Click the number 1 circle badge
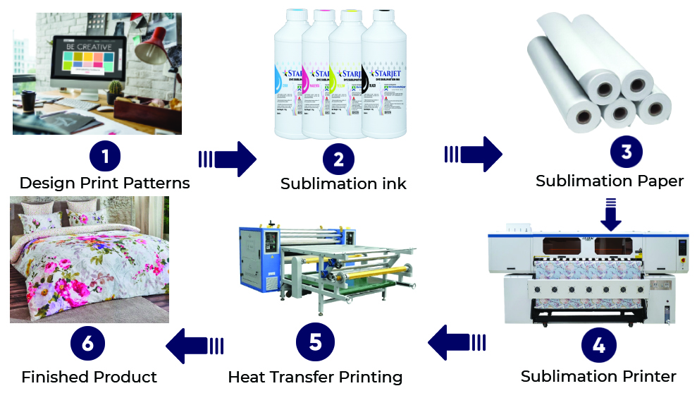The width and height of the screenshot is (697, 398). click(104, 155)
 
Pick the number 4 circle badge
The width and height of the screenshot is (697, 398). click(598, 346)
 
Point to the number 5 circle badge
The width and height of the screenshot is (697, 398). click(315, 342)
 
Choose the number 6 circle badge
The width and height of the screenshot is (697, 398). click(87, 344)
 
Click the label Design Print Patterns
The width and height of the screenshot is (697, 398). click(104, 183)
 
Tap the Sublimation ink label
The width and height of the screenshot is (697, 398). click(343, 184)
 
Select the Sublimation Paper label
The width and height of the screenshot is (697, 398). click(610, 181)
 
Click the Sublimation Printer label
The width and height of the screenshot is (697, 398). click(598, 377)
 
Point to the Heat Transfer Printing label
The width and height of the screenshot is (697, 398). click(315, 378)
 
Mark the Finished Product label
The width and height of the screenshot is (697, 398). click(89, 378)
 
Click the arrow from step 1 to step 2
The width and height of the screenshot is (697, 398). click(227, 159)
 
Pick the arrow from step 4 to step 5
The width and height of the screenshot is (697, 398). click(457, 343)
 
